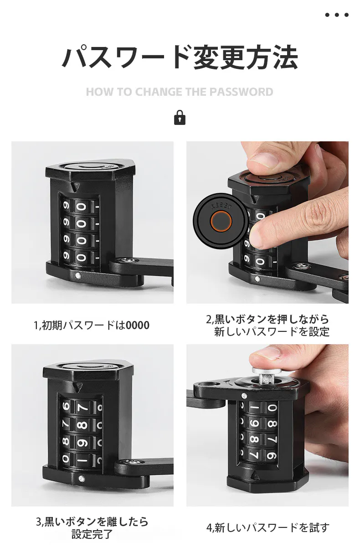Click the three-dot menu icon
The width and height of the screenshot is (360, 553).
click(x=337, y=15)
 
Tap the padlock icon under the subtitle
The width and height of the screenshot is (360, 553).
click(x=180, y=117)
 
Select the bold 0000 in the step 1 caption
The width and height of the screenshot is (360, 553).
click(x=138, y=326)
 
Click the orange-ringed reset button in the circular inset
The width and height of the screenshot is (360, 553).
click(x=221, y=221)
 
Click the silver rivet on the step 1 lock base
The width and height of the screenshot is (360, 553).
click(x=78, y=275)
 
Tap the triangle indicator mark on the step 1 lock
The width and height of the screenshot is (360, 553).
click(x=75, y=186)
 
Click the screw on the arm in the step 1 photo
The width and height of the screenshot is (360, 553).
click(x=126, y=260)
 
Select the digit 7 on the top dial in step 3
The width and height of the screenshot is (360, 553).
click(x=82, y=407)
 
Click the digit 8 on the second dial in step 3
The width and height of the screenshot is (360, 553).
click(x=82, y=424)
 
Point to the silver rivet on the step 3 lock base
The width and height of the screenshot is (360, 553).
click(x=81, y=479)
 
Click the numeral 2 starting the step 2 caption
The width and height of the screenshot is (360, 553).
click(x=209, y=319)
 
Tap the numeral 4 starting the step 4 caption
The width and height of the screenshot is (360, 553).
click(x=209, y=527)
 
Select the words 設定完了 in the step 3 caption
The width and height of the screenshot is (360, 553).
click(x=92, y=534)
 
